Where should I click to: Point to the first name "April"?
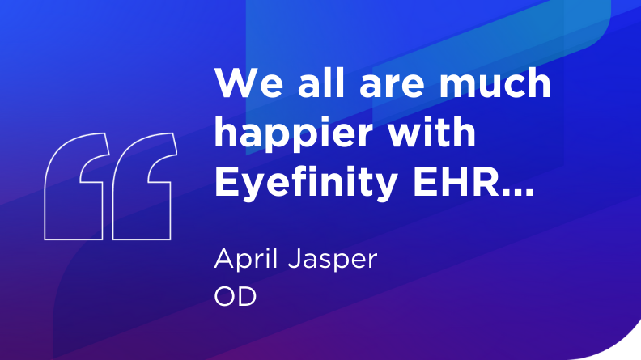click(x=245, y=260)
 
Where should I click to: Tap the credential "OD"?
click(x=235, y=297)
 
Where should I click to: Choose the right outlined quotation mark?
click(x=142, y=187)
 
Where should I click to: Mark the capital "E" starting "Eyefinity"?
click(x=224, y=183)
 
